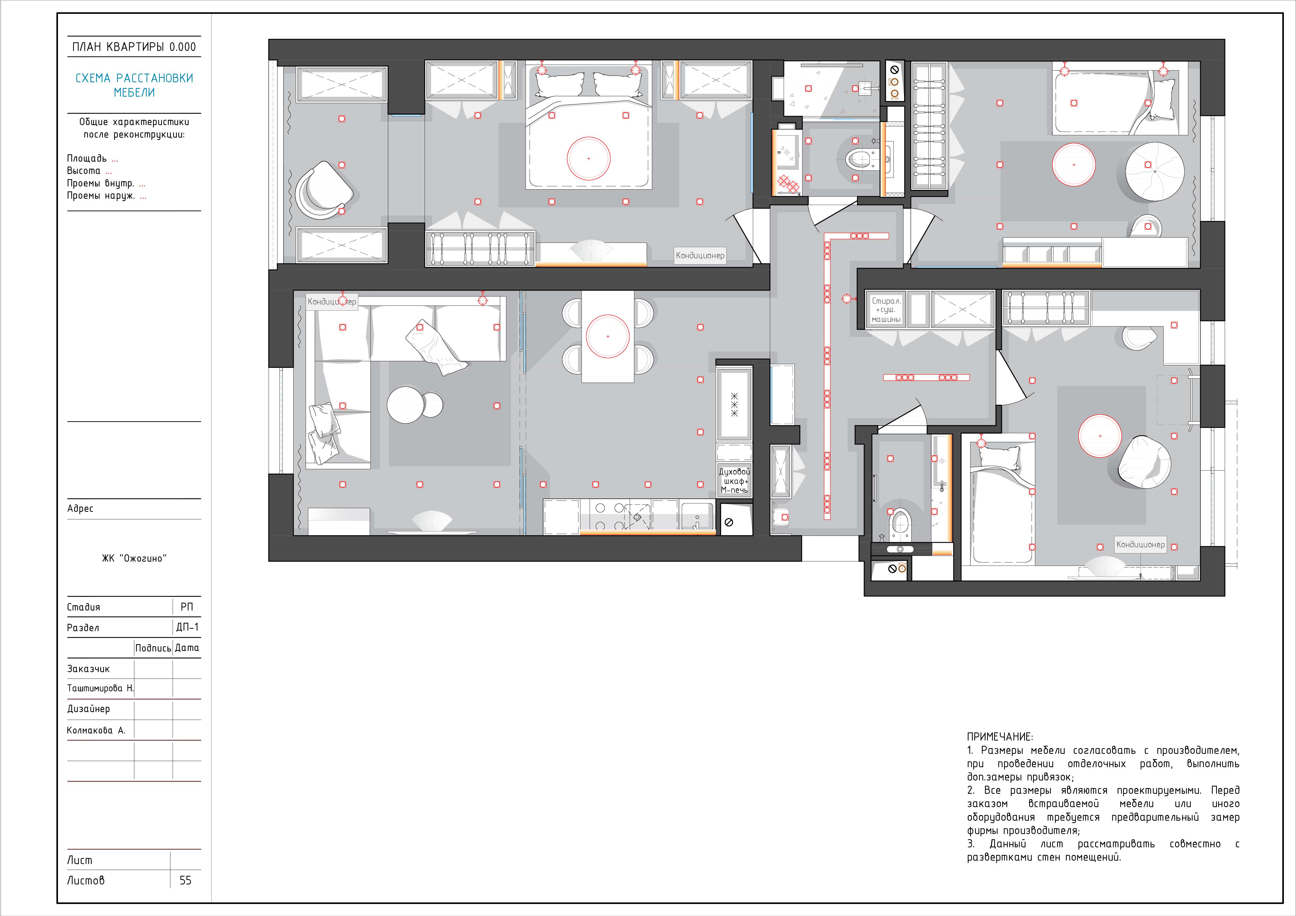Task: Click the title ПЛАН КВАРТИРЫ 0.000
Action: tap(134, 47)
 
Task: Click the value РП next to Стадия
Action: tap(187, 607)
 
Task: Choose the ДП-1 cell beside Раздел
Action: tap(187, 627)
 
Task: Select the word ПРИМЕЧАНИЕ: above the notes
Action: tap(1000, 737)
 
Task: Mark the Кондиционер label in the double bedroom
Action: tap(700, 255)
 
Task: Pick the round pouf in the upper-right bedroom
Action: tap(1154, 171)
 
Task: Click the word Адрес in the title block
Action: tap(80, 508)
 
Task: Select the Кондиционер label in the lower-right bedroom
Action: tap(1140, 545)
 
